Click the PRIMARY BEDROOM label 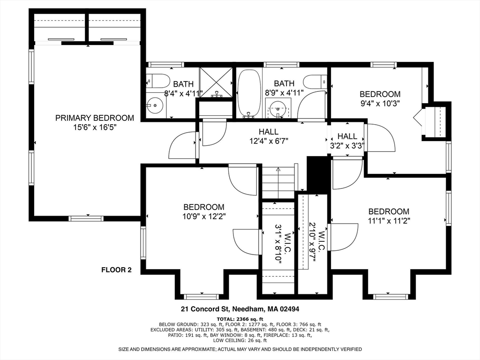coord(94,118)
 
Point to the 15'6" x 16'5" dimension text coord(94,127)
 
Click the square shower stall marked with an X coord(216,82)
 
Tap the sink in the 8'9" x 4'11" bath coord(278,109)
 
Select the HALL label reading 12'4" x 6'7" coord(268,136)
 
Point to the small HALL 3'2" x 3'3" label coord(347,141)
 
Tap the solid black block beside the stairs coord(318,174)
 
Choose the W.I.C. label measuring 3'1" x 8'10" coord(278,244)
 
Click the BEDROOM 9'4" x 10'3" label coord(380,98)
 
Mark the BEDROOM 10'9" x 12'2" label coord(203,211)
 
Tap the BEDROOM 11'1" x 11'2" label coord(388,216)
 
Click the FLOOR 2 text coord(117,270)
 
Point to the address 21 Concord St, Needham coord(240,309)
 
